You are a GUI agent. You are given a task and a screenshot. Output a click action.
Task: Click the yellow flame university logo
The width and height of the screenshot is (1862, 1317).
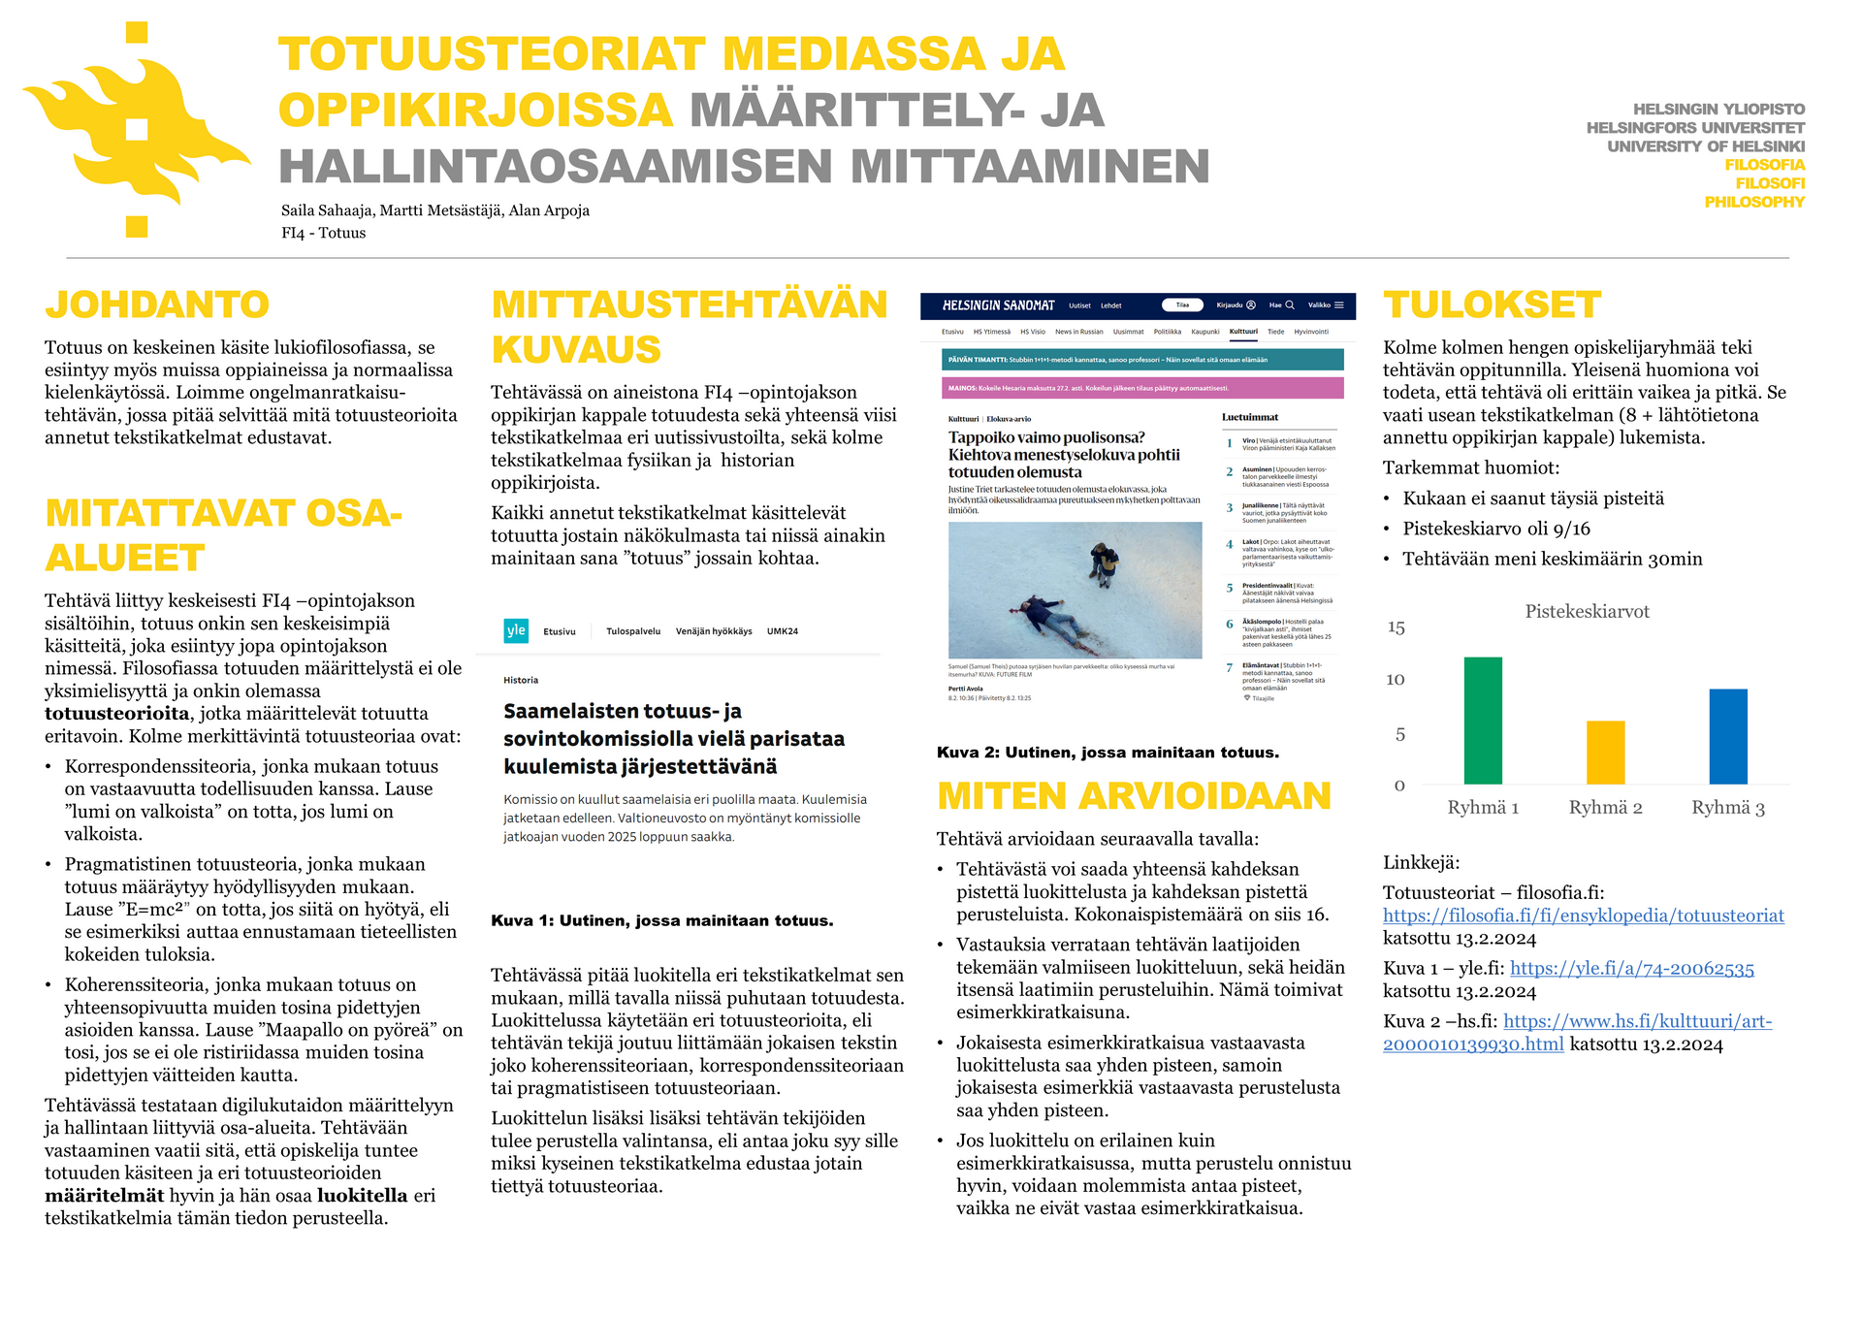click(136, 131)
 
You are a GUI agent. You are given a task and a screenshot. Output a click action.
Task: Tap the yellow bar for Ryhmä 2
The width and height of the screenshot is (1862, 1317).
click(1605, 753)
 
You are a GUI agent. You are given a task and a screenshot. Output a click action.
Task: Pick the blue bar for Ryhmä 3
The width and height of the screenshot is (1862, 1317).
click(1727, 736)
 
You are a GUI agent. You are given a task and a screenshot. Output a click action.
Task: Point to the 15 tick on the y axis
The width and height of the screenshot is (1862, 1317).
click(1396, 627)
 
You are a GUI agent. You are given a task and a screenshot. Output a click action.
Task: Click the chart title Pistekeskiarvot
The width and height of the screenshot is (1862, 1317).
click(1587, 611)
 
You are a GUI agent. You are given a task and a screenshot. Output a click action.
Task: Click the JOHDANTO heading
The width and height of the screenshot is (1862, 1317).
click(157, 305)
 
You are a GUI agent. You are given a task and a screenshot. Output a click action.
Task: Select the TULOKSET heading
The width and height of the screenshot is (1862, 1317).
click(1492, 305)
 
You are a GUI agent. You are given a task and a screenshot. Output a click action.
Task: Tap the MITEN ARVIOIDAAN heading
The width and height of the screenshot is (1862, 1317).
click(1134, 796)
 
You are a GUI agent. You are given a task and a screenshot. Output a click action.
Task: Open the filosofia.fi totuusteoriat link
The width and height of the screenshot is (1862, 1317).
click(1583, 915)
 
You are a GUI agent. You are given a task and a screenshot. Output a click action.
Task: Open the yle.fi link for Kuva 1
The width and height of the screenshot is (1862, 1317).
click(1631, 968)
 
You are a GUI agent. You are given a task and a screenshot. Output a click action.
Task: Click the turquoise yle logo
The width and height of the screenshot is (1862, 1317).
click(516, 630)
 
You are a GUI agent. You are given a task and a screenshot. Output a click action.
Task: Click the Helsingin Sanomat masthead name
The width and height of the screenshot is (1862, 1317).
click(998, 305)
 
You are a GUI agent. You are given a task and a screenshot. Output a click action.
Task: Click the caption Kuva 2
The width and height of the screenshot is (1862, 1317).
click(1108, 753)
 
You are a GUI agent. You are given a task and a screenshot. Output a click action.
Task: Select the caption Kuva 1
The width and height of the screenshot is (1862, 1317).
click(661, 920)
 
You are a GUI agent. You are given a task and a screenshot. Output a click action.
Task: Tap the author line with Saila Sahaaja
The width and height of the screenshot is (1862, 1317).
click(434, 210)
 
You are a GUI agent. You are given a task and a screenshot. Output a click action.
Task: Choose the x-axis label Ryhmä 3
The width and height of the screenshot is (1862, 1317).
click(1727, 807)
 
